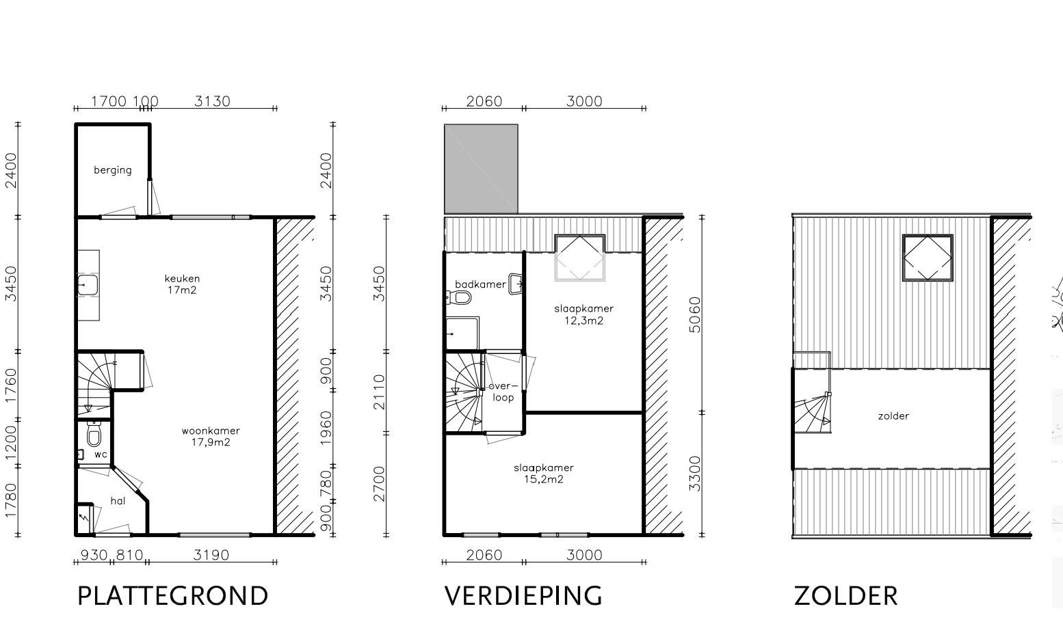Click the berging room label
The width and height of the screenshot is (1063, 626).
coord(112,170)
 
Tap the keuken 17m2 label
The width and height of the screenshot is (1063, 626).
coord(182,284)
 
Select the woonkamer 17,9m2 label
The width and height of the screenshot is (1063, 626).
coord(211,436)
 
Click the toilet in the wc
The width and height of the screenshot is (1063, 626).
coord(94,434)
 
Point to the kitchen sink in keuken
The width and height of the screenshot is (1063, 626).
coord(88,286)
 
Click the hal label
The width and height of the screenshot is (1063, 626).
coord(118,501)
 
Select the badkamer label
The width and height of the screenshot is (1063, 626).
coord(480,284)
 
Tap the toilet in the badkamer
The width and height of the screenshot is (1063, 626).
coord(458,298)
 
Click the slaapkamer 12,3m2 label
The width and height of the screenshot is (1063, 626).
coord(583,314)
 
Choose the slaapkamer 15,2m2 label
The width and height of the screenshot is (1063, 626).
coord(543,474)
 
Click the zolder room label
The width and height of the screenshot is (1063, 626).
coord(893,416)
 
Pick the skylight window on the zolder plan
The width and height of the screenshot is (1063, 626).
coord(928,258)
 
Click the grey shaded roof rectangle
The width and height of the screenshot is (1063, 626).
coord(481,169)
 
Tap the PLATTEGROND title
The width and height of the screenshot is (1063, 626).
coord(173,596)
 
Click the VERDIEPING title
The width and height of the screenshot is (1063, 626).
coord(523,596)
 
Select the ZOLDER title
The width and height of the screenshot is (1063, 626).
coord(846,596)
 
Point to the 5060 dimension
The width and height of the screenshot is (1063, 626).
coord(695,315)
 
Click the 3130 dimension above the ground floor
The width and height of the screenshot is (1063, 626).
coord(212,101)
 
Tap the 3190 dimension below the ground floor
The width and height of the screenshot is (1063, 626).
coord(211,554)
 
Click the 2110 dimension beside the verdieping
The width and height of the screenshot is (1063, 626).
coord(379,392)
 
